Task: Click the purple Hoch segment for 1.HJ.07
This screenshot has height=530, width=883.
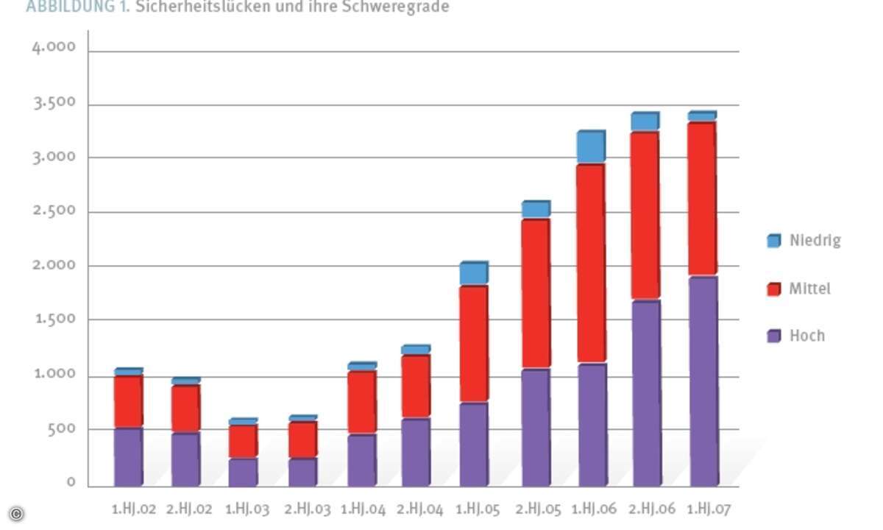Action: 703,381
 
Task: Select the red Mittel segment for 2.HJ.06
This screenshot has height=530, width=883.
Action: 645,216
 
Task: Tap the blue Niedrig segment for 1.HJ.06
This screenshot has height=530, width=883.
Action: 590,148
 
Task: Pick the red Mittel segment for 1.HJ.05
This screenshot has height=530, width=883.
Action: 473,344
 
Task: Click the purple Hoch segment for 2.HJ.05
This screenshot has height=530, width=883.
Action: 535,427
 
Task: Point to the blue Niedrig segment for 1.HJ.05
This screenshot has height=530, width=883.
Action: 473,274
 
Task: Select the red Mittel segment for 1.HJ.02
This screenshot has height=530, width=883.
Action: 128,402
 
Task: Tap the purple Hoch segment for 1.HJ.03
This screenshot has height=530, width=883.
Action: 243,472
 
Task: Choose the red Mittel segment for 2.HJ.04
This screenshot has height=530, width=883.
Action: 416,387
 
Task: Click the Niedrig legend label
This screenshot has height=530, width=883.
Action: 815,241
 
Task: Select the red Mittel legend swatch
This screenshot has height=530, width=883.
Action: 773,289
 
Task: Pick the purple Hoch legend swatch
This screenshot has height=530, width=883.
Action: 773,336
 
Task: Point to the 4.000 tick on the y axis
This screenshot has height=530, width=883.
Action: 54,48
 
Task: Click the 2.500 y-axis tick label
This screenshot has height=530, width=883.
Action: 54,211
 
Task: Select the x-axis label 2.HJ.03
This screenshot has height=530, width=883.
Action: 308,509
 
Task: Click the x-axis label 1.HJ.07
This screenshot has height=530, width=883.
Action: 709,509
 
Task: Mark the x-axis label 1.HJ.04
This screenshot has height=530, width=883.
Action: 363,509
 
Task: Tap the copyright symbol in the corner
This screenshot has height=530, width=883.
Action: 16,514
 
